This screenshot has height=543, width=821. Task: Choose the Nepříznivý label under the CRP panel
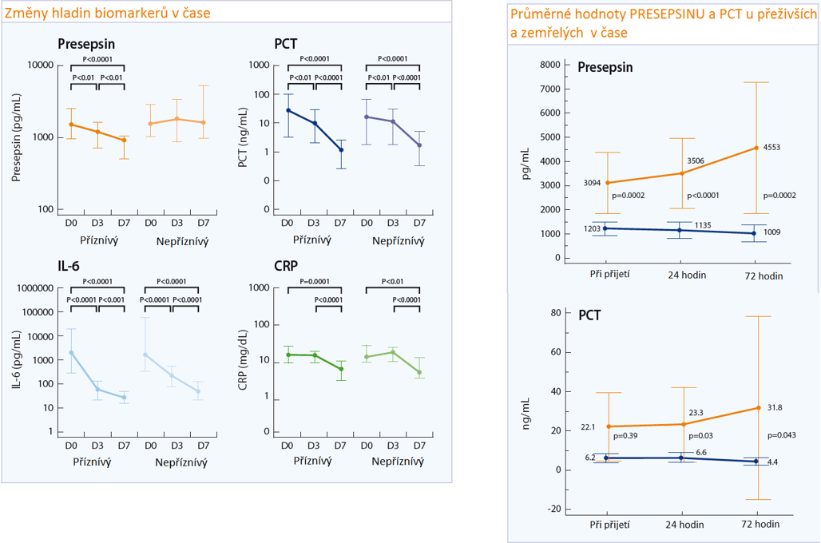tap(398, 461)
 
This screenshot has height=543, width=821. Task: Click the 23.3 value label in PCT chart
tap(696, 413)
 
